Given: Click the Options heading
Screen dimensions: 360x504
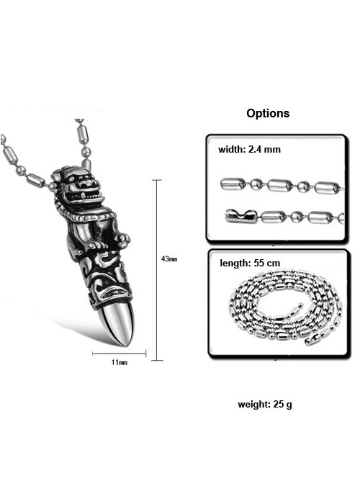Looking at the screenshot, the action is point(268,114).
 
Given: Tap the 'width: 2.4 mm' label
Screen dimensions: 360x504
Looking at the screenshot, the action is point(249,150).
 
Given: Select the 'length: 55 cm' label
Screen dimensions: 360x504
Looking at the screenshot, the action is point(250,264).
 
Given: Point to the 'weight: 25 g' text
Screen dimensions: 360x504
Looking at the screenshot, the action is point(265,405).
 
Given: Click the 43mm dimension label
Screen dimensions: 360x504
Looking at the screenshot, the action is point(169,258).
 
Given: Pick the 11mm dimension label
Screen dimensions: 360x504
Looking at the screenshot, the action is point(120,362).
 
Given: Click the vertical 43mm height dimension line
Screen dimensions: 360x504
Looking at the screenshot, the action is point(157,270).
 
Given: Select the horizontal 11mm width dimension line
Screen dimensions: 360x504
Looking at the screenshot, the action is point(120,354).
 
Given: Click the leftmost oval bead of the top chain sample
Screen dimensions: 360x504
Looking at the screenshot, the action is point(233,184).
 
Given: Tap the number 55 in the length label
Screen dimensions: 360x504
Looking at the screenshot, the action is point(259,264).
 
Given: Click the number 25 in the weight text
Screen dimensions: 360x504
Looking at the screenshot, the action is point(279,404).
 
